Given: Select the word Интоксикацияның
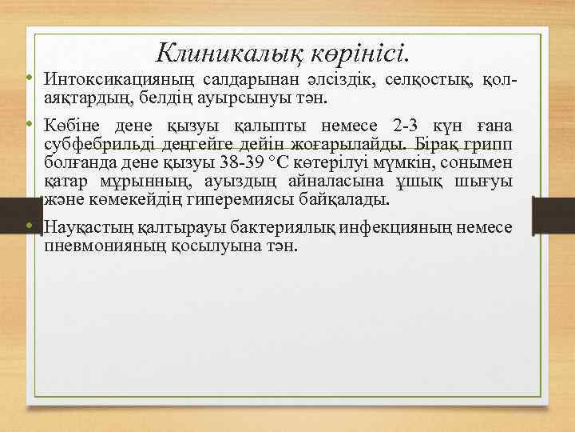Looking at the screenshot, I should [118, 81].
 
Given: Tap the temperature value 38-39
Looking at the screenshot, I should [243, 162].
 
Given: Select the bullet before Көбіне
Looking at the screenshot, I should [28, 126].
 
